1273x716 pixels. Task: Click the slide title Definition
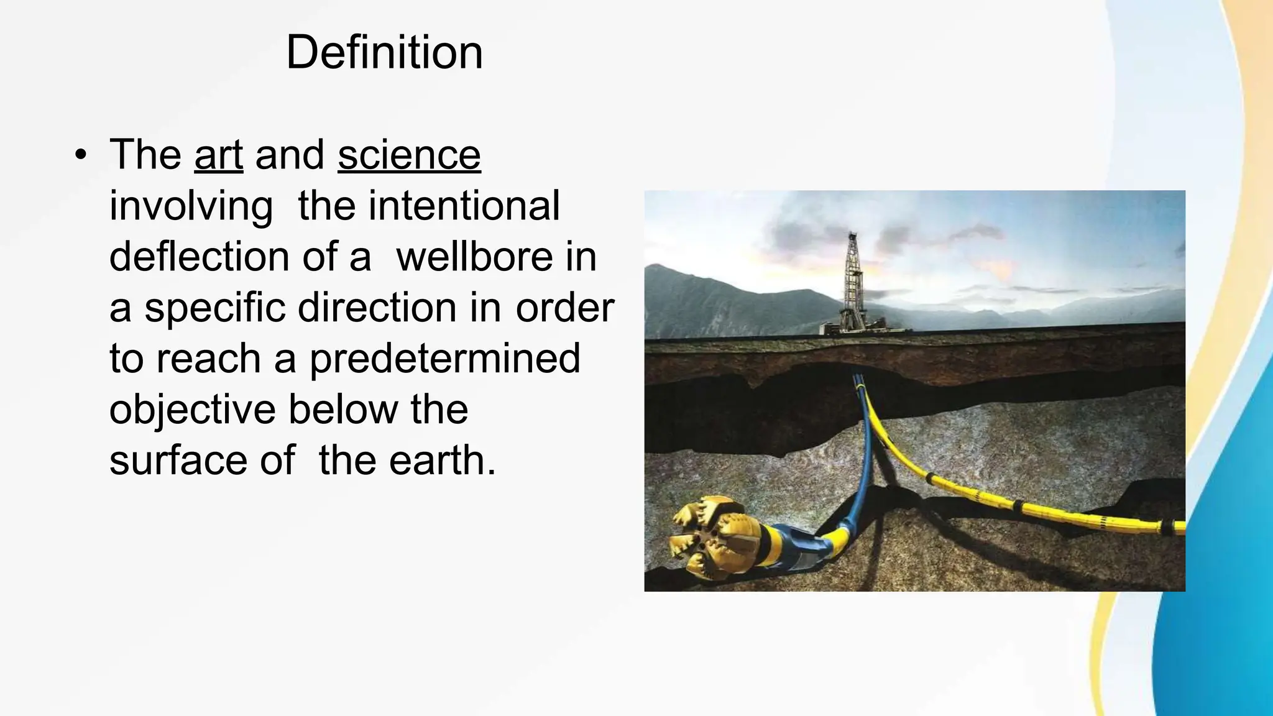point(384,52)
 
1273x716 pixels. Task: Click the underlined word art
point(218,155)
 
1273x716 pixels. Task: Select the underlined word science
point(409,155)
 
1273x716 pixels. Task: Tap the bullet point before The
point(80,155)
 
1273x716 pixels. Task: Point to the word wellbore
point(474,257)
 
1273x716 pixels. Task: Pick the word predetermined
point(445,359)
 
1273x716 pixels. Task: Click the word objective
point(192,410)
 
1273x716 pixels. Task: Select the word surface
point(178,461)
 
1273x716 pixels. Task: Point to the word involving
point(191,206)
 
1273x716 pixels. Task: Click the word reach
point(208,359)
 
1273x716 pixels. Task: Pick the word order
point(564,308)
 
